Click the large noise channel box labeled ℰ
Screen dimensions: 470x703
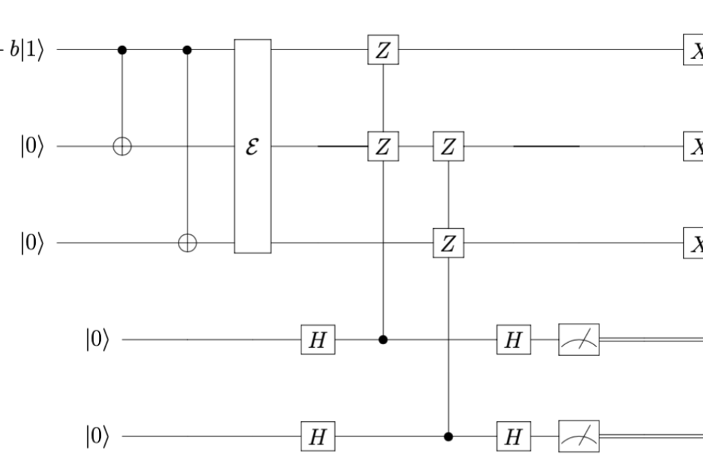(253, 146)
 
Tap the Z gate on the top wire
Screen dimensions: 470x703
(382, 51)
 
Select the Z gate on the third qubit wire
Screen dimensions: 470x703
(448, 243)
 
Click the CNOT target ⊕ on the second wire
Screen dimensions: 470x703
(122, 146)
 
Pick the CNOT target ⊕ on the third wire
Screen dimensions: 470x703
(187, 243)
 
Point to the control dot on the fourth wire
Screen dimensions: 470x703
(383, 340)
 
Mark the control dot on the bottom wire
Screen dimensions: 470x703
(448, 436)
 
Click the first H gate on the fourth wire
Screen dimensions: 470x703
(318, 340)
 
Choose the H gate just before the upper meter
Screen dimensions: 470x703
(514, 340)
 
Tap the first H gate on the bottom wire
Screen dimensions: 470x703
(318, 436)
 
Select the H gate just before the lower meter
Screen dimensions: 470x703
(514, 436)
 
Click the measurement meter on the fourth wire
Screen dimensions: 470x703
(579, 340)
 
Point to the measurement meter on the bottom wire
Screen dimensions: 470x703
(579, 436)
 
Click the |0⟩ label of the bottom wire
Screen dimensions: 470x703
(97, 436)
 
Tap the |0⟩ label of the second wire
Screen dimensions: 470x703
(32, 146)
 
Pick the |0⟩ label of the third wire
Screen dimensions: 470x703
(32, 243)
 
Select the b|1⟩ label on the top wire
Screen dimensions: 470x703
(25, 51)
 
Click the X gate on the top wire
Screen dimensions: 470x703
(693, 51)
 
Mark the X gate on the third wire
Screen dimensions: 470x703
(693, 243)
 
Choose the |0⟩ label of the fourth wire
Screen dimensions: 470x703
(97, 340)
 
